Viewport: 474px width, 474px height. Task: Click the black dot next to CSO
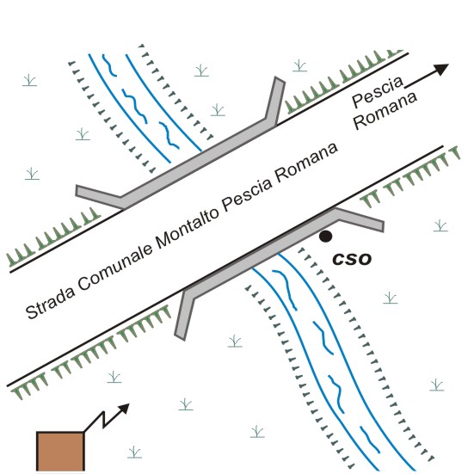click(x=325, y=237)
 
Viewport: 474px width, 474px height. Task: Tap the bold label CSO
click(x=352, y=259)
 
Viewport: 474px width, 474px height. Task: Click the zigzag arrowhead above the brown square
click(x=124, y=409)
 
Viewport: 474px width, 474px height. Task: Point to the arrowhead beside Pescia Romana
click(x=442, y=69)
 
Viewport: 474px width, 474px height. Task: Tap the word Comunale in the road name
click(x=116, y=267)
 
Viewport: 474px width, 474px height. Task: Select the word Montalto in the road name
click(x=188, y=225)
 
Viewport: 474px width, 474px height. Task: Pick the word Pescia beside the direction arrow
click(x=378, y=91)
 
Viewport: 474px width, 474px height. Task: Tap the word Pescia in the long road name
click(x=247, y=194)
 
